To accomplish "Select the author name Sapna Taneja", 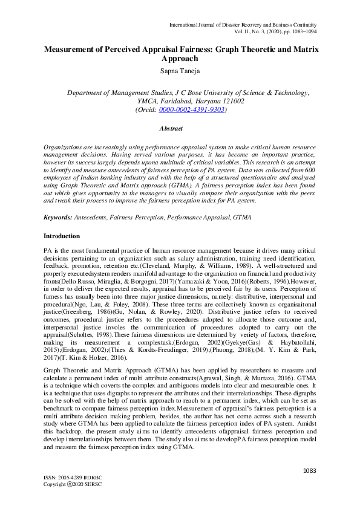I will [180, 71].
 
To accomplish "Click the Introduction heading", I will [61, 235].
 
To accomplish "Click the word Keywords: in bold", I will [59, 216].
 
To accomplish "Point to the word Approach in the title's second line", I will [180, 59].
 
